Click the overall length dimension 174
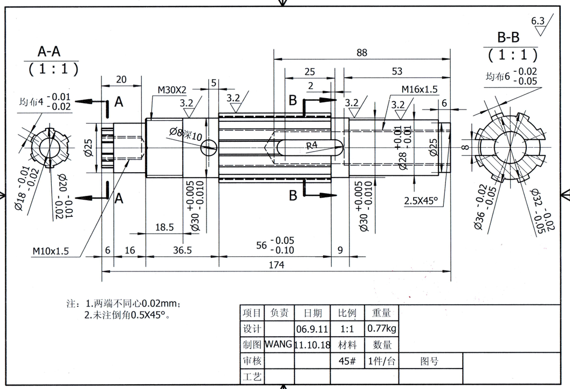click(276, 265)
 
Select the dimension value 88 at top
click(362, 52)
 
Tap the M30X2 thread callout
click(171, 89)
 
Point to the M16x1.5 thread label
click(419, 89)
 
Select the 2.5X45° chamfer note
click(421, 201)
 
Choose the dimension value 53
click(396, 71)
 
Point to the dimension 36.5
click(182, 250)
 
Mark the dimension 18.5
click(164, 227)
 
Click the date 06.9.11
click(312, 329)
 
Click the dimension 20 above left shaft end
click(121, 79)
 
